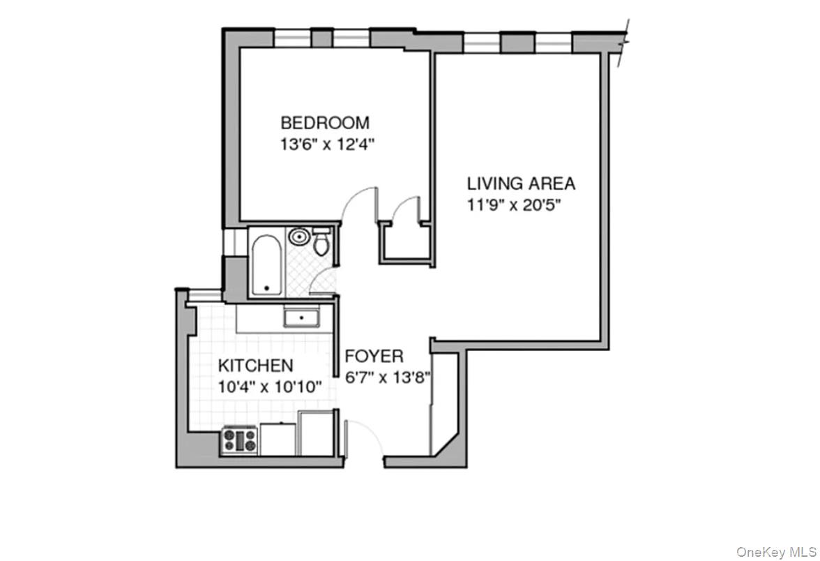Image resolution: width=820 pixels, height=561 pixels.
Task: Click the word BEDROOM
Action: [324, 124]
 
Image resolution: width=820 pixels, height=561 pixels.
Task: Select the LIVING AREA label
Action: [521, 184]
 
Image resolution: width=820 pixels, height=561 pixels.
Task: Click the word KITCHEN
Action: [255, 366]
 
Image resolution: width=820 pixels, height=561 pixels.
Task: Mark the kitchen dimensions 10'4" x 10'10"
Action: [269, 387]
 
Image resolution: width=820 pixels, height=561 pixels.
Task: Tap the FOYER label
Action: [374, 357]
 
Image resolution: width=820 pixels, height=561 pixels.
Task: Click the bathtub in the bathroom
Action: [265, 266]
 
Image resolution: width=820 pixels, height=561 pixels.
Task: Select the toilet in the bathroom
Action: [321, 243]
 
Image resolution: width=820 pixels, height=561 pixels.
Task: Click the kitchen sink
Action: [301, 319]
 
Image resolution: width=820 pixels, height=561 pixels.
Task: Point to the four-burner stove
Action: [240, 441]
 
